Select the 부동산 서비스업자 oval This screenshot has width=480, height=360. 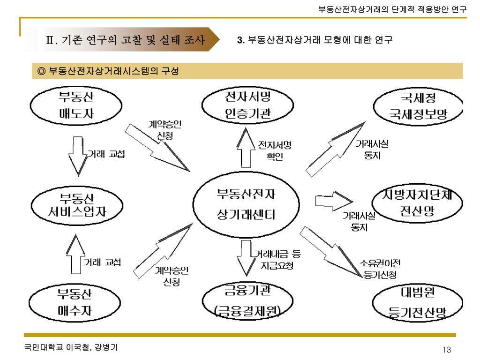tap(77, 204)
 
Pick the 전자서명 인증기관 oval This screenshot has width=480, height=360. tap(248, 105)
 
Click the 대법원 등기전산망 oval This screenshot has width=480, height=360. tap(418, 302)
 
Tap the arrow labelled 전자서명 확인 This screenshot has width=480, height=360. tap(245, 148)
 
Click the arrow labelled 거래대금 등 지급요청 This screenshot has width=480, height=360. tap(245, 257)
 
